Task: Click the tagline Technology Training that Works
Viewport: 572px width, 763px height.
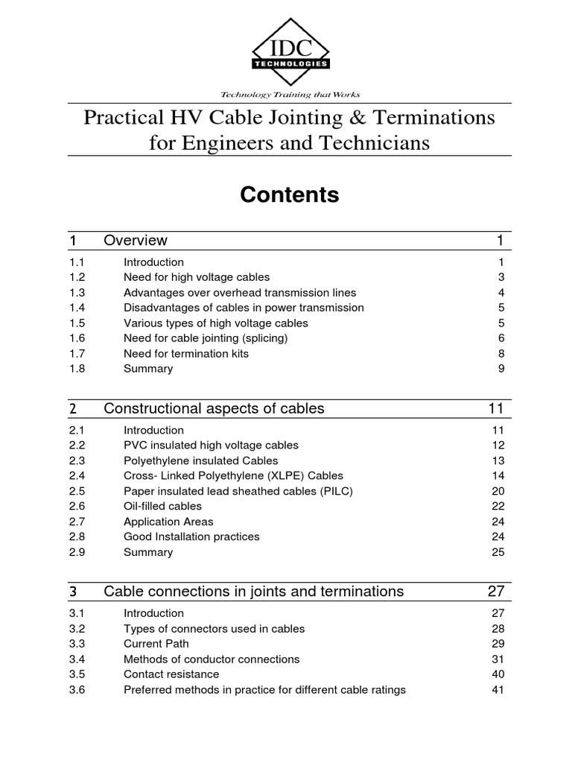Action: coord(290,95)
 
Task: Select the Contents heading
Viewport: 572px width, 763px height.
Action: coord(289,195)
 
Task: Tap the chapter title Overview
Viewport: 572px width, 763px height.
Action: coord(136,241)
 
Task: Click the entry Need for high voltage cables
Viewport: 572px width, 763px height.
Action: coord(197,277)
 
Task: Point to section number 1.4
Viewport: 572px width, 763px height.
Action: coord(77,308)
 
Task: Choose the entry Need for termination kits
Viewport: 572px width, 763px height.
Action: coord(186,353)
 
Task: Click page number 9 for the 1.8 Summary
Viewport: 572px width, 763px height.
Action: coord(501,369)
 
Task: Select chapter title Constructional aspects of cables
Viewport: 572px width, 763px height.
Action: coord(214,408)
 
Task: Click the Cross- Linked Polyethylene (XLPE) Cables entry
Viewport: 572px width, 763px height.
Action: coord(223,475)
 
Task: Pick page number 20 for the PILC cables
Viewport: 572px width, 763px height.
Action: coord(498,491)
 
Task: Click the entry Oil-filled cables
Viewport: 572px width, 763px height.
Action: coord(162,506)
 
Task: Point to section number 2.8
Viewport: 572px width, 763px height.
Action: coord(77,536)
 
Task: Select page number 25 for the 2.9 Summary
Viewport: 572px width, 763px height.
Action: coord(498,552)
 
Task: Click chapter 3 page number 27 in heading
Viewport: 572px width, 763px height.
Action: coord(496,592)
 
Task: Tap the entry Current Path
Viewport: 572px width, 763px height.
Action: coord(156,644)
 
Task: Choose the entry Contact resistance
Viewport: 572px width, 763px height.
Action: coord(171,674)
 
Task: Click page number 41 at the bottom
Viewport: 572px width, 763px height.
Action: coord(498,690)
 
